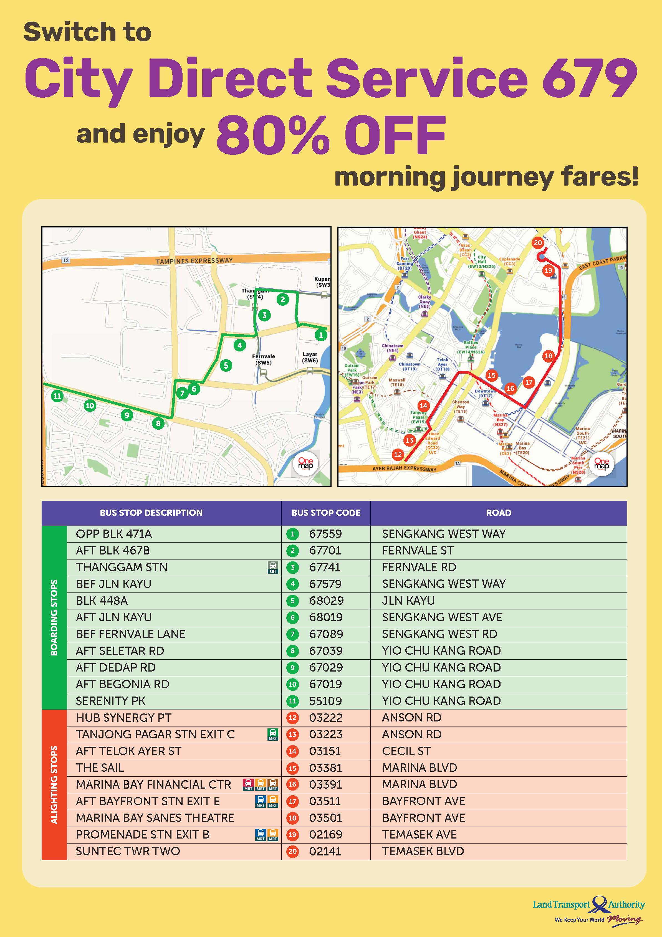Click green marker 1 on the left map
coord(321,335)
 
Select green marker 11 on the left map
coord(57,396)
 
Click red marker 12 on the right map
coord(398,455)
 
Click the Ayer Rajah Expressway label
coord(404,468)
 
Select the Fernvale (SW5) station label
coord(263,359)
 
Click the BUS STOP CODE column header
coord(326,513)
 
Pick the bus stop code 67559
coord(325,534)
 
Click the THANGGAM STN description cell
coord(122,567)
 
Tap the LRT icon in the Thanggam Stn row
coord(273,567)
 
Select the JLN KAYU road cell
coord(408,601)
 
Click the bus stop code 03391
coord(325,784)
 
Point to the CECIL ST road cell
coord(406,751)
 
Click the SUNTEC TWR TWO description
coord(128,851)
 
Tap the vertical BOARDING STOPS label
coord(54,617)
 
